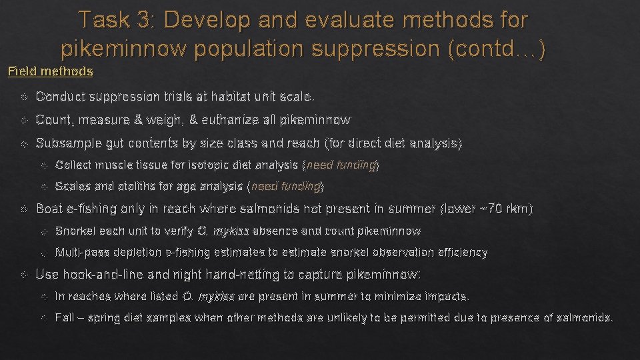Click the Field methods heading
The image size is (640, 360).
click(x=51, y=71)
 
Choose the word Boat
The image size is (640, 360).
click(x=49, y=209)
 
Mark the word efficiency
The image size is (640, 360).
click(x=461, y=252)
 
